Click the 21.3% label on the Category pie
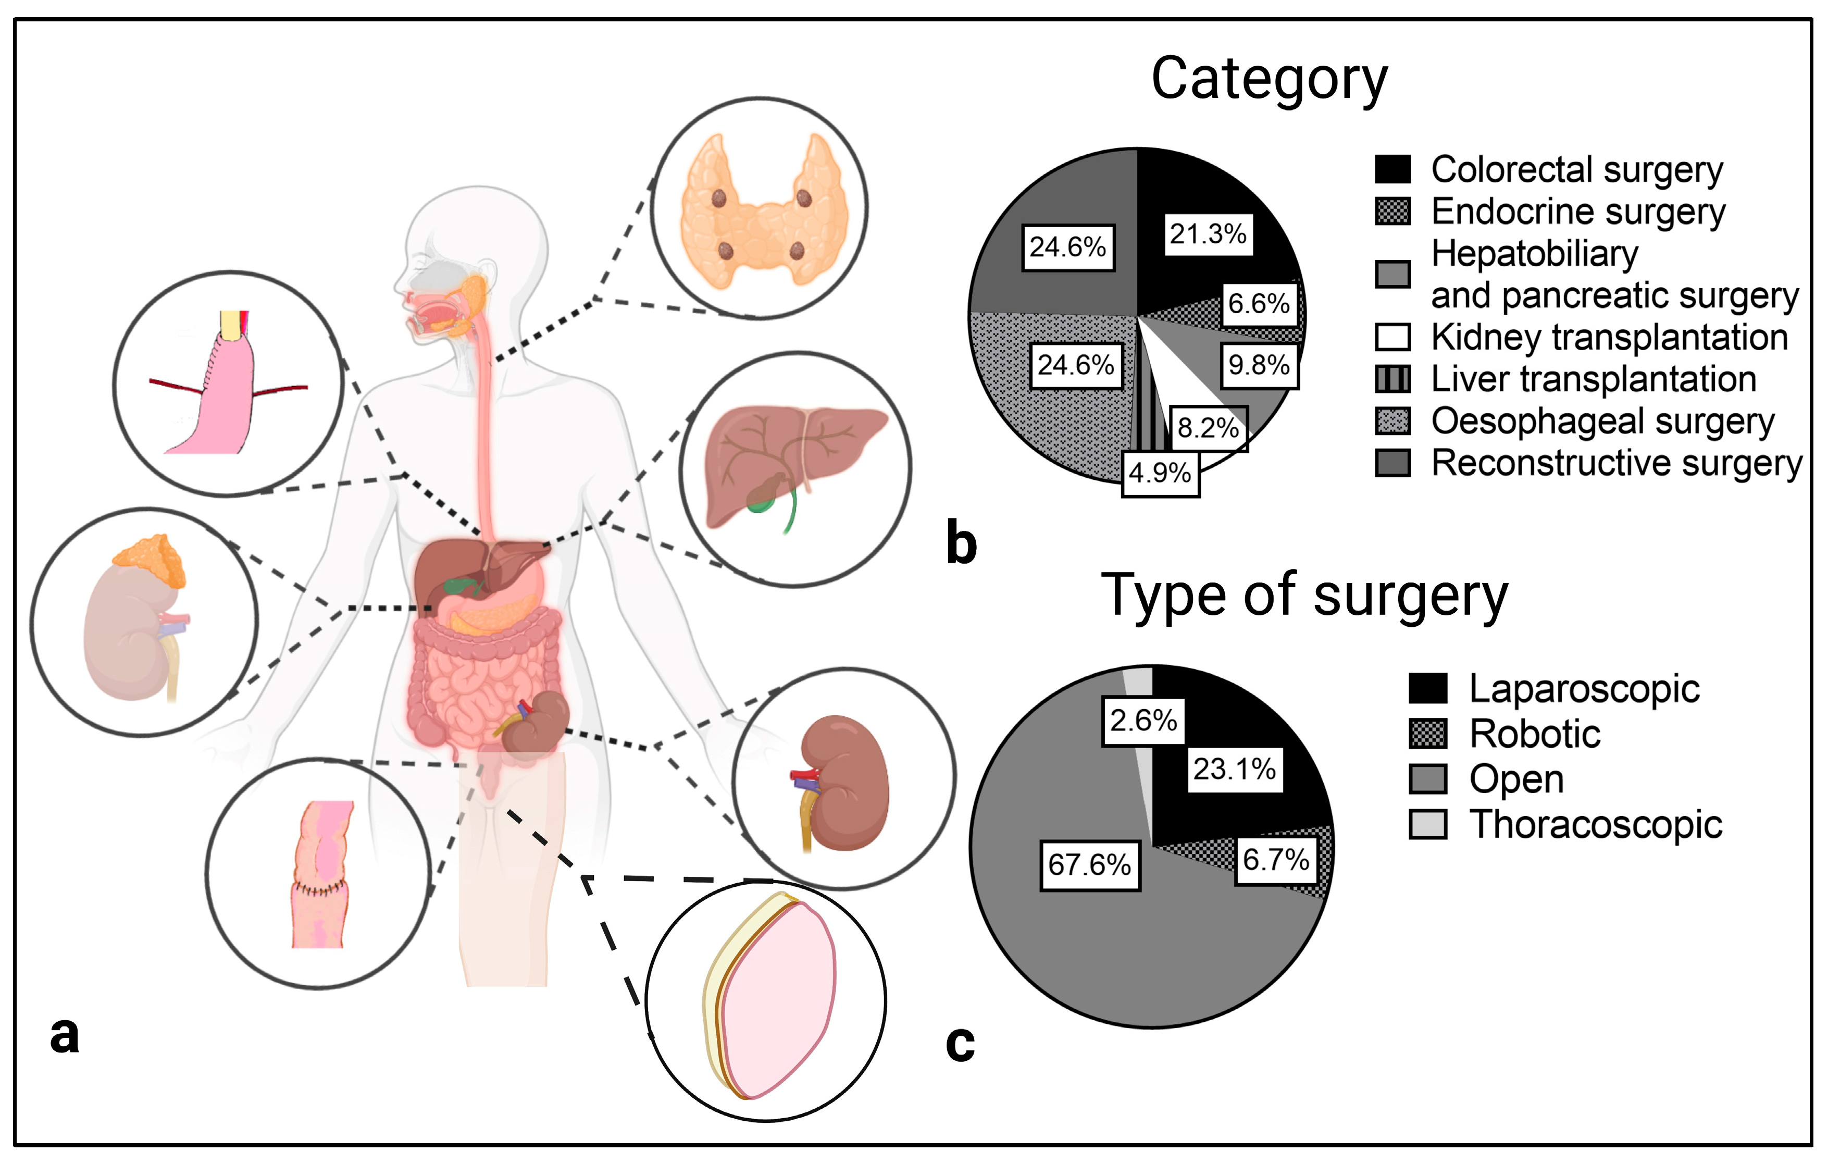[x=1207, y=234]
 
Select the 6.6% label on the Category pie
[x=1259, y=304]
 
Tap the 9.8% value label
[x=1259, y=365]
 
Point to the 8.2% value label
[x=1208, y=428]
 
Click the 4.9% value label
[x=1160, y=473]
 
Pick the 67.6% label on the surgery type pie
[x=1089, y=864]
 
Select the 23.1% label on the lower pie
[x=1234, y=769]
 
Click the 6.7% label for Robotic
[x=1276, y=860]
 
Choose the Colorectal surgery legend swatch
[x=1392, y=169]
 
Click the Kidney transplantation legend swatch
[x=1392, y=337]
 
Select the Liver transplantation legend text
[x=1594, y=379]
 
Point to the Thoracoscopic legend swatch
[x=1427, y=824]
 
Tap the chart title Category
[x=1269, y=79]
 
